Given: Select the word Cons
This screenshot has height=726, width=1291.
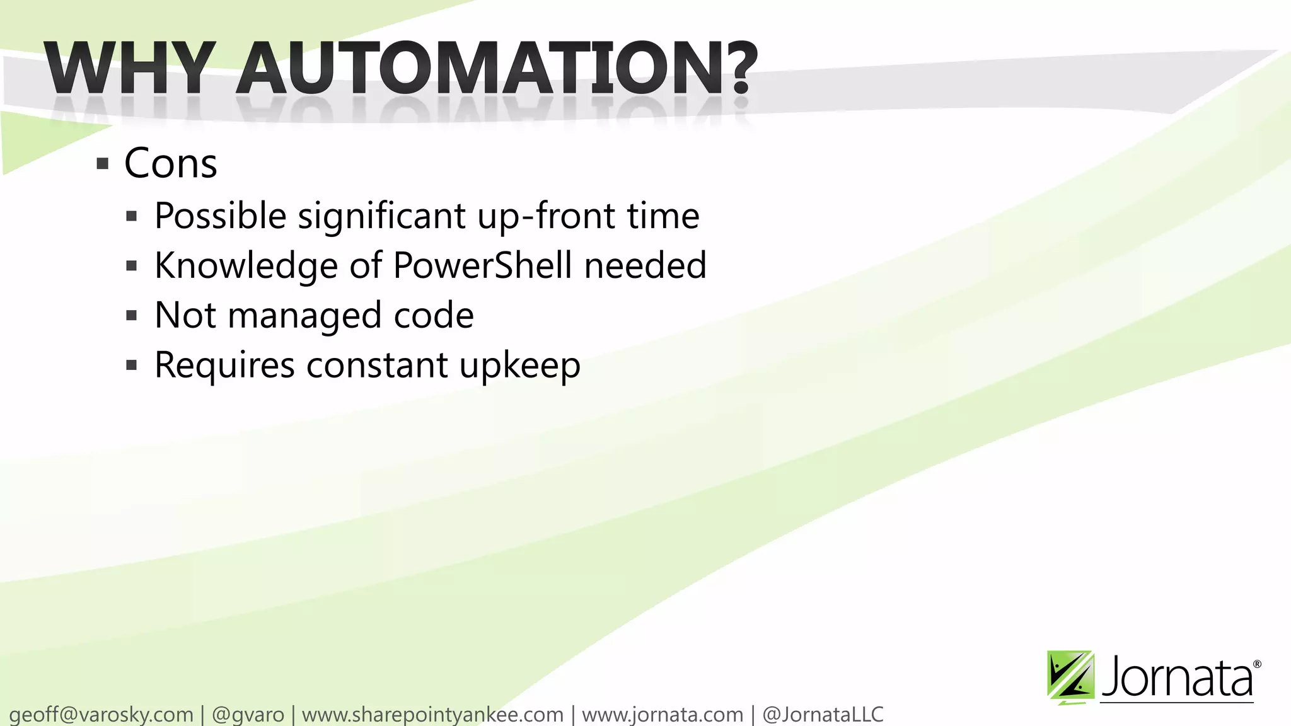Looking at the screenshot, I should (x=171, y=164).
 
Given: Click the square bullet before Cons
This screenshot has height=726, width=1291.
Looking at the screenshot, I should (x=103, y=165).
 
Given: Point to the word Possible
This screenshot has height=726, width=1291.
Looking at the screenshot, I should (x=221, y=216).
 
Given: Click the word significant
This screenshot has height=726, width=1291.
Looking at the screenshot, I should (x=381, y=216).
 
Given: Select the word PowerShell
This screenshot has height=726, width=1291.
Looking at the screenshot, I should (x=483, y=265).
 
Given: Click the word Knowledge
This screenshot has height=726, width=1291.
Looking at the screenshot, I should (x=246, y=265).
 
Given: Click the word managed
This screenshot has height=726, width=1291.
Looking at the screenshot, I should (x=304, y=315).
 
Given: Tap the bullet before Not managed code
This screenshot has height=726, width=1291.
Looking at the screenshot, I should (x=132, y=316).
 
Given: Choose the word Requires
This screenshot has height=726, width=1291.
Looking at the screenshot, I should (x=224, y=365).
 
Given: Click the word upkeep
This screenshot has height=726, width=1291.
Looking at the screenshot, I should (x=519, y=366).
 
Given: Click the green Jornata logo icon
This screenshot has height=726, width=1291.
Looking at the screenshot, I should (x=1070, y=676).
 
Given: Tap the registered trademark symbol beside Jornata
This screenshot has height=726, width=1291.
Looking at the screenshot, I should (x=1257, y=664).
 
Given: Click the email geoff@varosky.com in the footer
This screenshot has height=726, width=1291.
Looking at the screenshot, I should (x=101, y=715).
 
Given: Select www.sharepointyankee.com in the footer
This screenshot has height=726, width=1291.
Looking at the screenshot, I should (x=432, y=715).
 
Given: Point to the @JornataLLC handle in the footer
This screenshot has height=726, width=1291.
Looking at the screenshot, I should (x=823, y=715).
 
